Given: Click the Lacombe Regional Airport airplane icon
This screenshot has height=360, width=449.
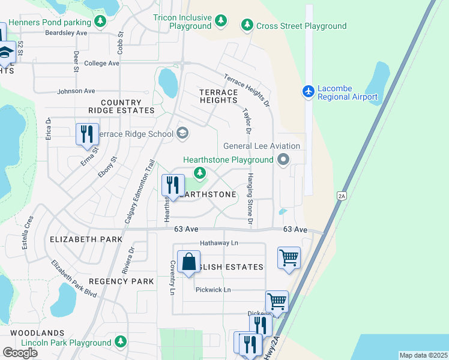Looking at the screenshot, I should coord(309,91).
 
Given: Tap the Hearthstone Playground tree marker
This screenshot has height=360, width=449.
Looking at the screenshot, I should coord(200,173).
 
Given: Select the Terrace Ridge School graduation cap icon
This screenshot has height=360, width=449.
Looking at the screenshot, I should coord(183,134).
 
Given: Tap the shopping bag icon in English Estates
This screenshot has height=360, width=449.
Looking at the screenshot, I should coord(188,262).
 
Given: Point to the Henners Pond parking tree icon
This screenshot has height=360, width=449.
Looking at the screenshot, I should coord(101,22).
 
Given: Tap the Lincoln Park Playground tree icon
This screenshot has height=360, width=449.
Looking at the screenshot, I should coord(121,342).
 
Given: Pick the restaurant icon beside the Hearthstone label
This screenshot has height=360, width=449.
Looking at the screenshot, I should coord(173,185).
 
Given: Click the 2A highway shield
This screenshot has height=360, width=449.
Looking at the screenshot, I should coord(342,195).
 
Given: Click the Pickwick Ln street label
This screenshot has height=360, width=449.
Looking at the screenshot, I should coord(213,290).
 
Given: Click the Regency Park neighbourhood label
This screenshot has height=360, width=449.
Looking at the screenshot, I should coord(121,281).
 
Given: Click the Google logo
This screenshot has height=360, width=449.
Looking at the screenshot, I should coord(20,352).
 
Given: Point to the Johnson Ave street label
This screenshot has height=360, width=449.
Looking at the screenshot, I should coord(76,91).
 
